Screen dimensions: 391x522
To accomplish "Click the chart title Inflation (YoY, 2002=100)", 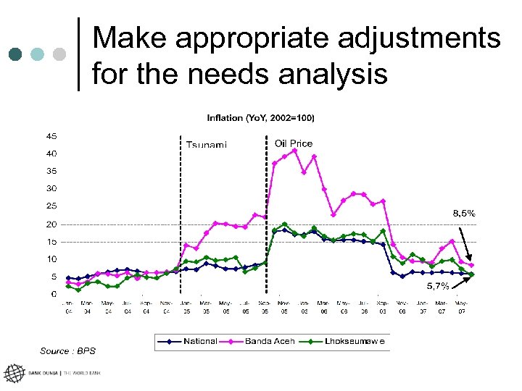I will click(260, 117).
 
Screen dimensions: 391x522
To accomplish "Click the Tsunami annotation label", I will click(207, 145).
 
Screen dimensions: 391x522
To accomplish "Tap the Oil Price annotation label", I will click(294, 143).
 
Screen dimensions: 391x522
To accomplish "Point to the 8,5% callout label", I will click(464, 213).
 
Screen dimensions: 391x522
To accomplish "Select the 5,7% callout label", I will click(437, 286).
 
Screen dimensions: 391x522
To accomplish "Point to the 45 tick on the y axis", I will click(52, 136).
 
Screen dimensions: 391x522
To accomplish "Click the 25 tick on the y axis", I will click(52, 206).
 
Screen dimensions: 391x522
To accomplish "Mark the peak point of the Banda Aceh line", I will click(295, 151).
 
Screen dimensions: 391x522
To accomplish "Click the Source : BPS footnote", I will click(67, 351).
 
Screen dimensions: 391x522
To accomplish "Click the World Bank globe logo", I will click(14, 374).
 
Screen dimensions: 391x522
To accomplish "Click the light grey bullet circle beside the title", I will click(60, 54).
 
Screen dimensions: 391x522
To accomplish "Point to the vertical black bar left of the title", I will click(78, 54).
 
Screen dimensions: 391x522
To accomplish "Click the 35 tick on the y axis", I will click(52, 171).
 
